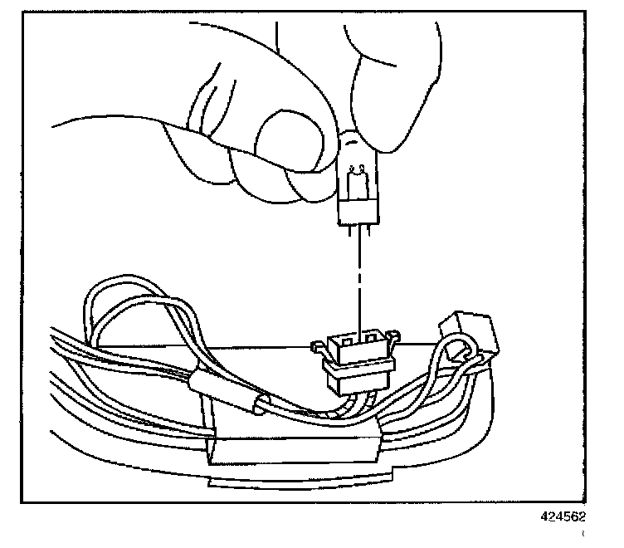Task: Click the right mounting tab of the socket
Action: tap(392, 335)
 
